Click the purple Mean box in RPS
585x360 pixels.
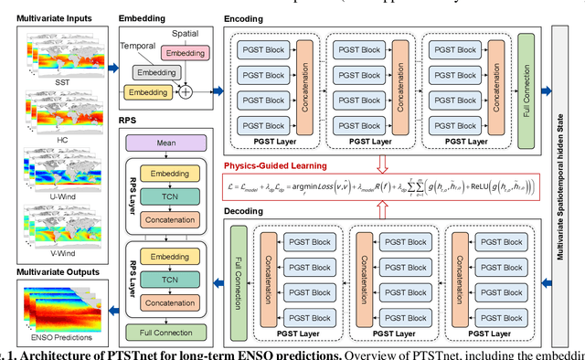point(165,143)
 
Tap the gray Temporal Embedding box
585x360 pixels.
point(158,71)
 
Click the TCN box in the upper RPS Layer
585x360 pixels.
point(165,196)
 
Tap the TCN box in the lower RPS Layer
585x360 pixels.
point(165,279)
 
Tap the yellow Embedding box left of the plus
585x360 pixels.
point(148,92)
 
